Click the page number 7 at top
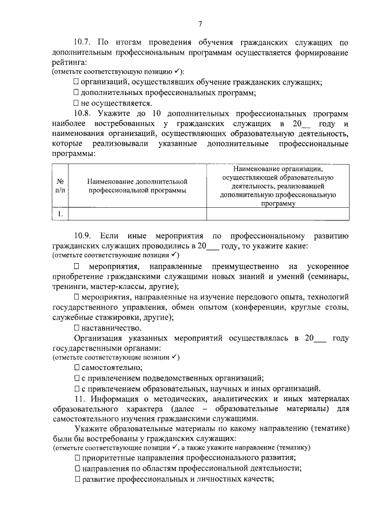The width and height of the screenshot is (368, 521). pos(200,24)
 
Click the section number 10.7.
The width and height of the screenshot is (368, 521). pos(83,43)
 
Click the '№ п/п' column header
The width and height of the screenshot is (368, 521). pos(60,185)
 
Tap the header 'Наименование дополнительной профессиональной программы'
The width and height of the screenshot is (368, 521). pos(137,185)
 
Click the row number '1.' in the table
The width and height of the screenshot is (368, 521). pos(60,214)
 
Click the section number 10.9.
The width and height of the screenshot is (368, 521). pos(83,235)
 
